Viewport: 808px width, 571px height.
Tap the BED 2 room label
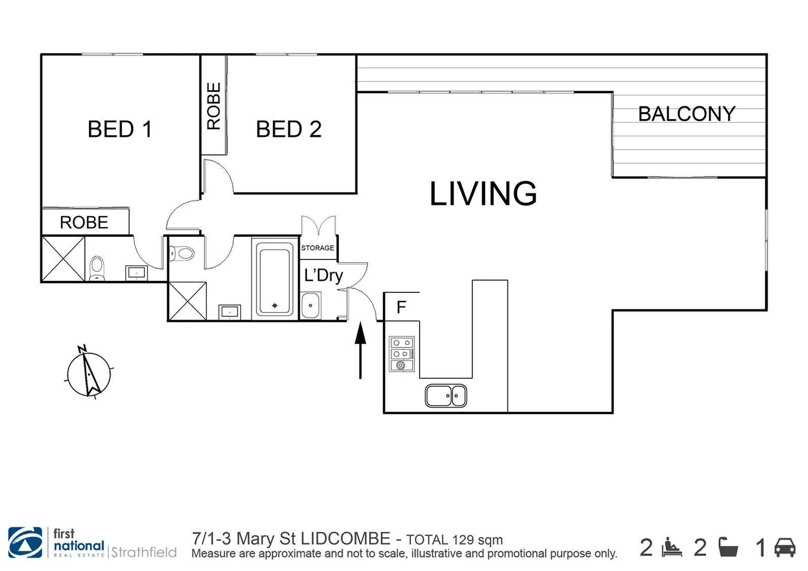click(289, 130)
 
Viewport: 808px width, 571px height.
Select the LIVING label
click(483, 194)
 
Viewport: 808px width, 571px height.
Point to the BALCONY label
click(686, 114)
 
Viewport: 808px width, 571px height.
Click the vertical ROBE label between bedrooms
click(214, 106)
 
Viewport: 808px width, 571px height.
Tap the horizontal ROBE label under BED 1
click(84, 223)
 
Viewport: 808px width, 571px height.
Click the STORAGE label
click(317, 248)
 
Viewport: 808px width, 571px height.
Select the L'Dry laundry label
click(323, 275)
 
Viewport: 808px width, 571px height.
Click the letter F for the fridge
click(401, 307)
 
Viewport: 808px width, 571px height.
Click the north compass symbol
click(89, 373)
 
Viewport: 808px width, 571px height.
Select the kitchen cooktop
click(402, 354)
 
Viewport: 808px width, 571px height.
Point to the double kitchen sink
click(446, 395)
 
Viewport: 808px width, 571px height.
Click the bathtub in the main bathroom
click(274, 279)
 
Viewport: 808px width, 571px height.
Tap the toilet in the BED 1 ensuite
click(97, 269)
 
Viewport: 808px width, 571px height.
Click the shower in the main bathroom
click(187, 301)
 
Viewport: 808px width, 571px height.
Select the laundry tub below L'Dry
click(310, 306)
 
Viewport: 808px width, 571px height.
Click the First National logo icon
click(25, 543)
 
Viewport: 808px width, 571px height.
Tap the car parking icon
click(785, 547)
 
